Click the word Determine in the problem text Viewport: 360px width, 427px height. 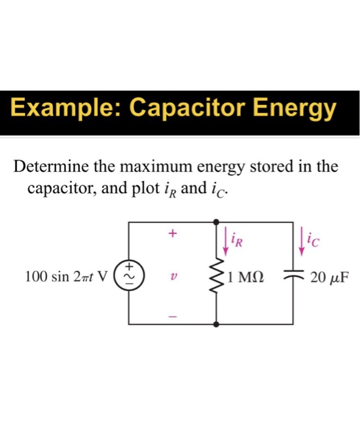(x=51, y=167)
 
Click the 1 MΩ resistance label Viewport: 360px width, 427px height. (x=246, y=277)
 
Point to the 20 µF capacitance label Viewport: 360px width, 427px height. (x=329, y=277)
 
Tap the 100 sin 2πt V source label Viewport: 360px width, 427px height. (x=67, y=276)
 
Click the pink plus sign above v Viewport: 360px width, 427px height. (x=173, y=233)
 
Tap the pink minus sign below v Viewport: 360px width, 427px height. (x=173, y=317)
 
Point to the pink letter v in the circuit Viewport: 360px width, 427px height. (x=173, y=276)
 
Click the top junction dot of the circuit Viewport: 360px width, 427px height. (x=216, y=222)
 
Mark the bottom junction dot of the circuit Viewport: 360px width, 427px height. (x=216, y=325)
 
